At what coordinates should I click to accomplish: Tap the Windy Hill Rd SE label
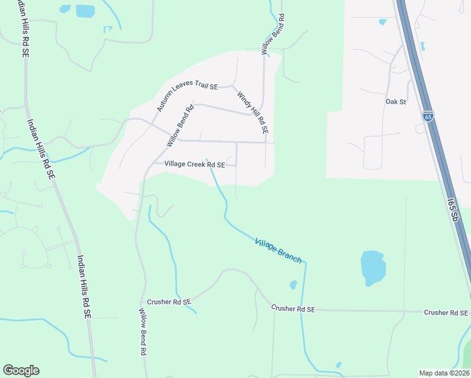[253, 113]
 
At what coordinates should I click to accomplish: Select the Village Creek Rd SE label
[195, 164]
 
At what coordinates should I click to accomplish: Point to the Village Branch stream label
[278, 251]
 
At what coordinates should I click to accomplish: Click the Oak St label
[395, 101]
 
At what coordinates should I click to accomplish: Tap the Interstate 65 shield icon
[428, 116]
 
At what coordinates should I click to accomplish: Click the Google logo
[21, 370]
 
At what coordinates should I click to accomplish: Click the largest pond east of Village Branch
[372, 267]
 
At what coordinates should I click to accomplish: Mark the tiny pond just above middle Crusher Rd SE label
[293, 285]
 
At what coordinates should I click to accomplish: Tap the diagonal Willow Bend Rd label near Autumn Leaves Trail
[180, 125]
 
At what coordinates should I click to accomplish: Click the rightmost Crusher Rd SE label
[446, 312]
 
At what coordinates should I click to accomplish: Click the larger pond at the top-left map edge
[85, 11]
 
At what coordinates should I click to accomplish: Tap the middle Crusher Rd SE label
[293, 309]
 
